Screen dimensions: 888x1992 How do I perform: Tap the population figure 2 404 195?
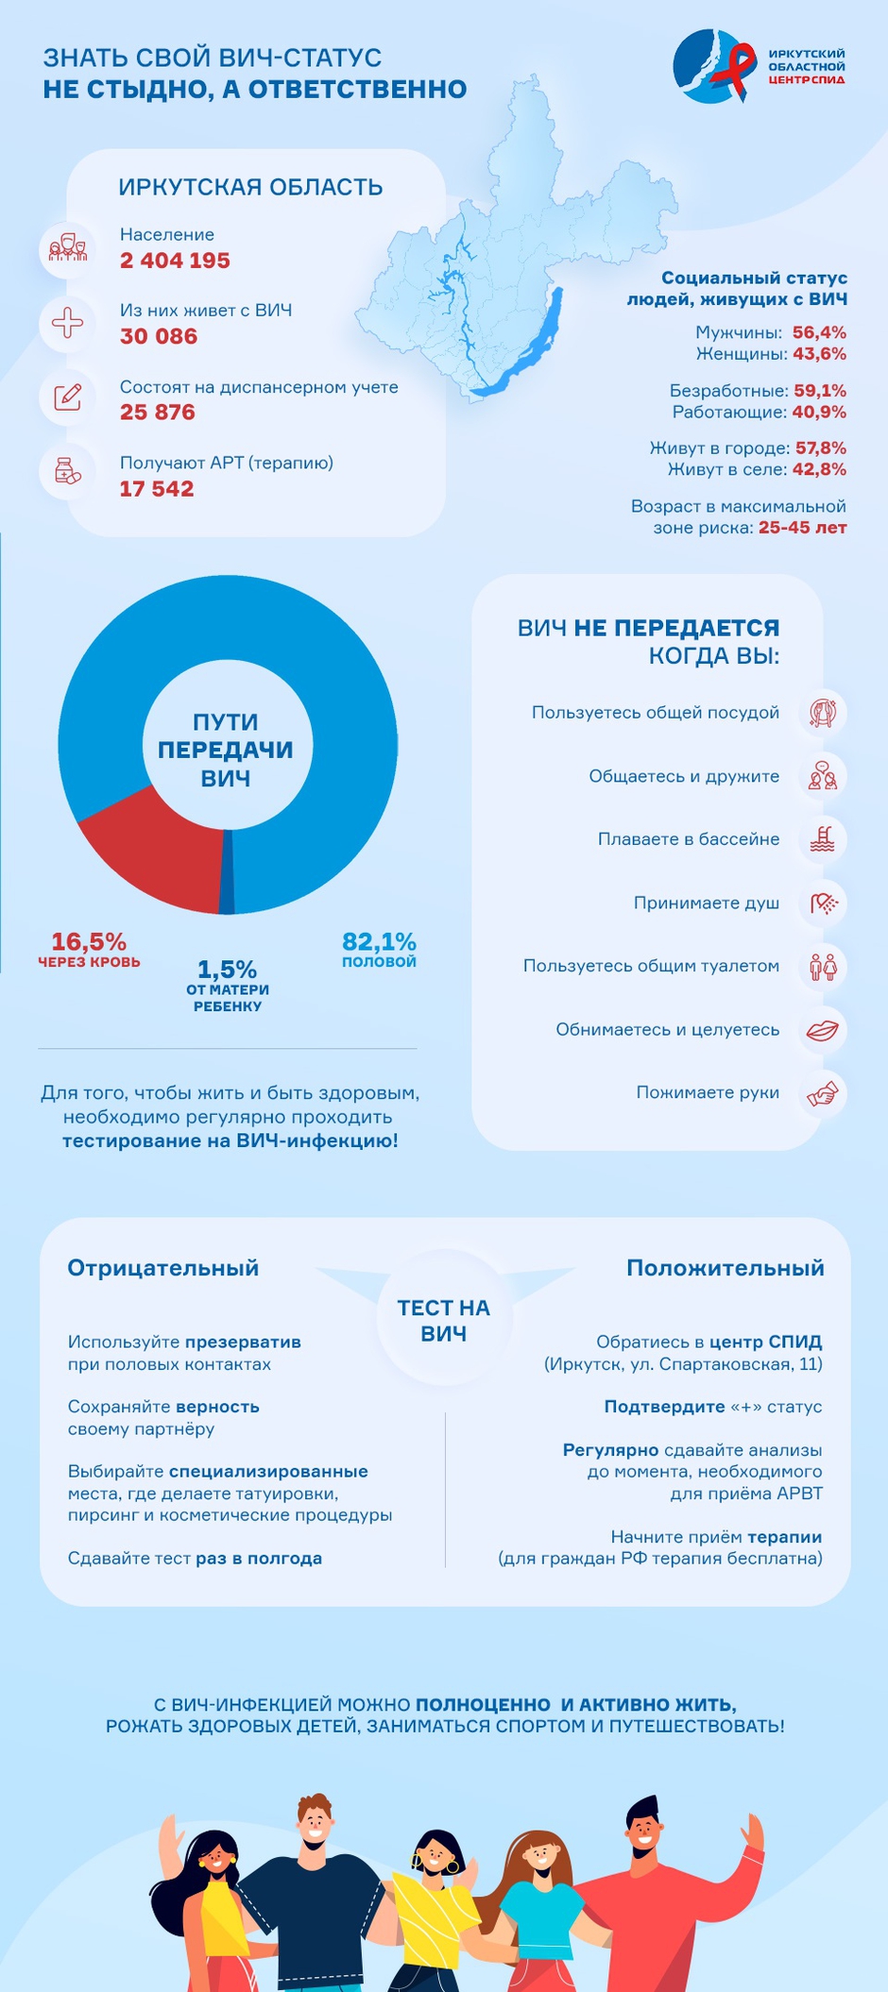pos(175,261)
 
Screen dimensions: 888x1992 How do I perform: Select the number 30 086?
pos(159,337)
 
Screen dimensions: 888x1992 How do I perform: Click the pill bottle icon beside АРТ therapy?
pos(68,471)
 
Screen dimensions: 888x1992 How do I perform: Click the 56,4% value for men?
pos(819,332)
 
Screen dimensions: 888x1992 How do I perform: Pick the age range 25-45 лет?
pos(802,528)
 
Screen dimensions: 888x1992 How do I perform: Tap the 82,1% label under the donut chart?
pos(379,941)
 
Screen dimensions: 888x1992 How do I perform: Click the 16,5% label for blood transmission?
pos(89,941)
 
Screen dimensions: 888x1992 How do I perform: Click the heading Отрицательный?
pos(162,1268)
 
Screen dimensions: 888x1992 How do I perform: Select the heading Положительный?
pos(726,1268)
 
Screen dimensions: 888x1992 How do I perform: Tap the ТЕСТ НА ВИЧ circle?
pos(444,1320)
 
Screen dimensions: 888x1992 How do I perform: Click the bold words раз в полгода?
pos(259,1558)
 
